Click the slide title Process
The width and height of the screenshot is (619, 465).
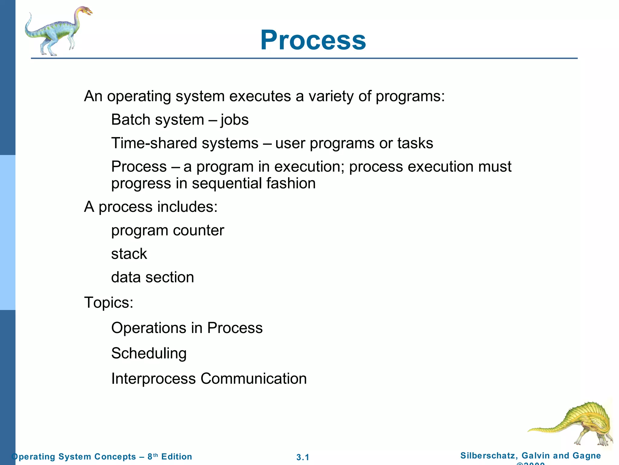point(313,40)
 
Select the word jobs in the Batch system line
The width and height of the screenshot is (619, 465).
point(235,120)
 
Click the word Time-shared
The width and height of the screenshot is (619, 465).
point(154,143)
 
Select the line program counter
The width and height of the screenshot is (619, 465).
point(167,230)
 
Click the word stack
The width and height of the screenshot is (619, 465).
point(129,254)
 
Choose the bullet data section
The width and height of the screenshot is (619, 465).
point(152,277)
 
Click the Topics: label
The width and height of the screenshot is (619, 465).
point(109,302)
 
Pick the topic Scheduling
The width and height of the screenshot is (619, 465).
point(149,353)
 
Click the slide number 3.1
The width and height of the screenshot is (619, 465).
point(303,457)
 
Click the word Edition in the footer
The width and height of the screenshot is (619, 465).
point(177,457)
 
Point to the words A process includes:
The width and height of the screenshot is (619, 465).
point(151,207)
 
